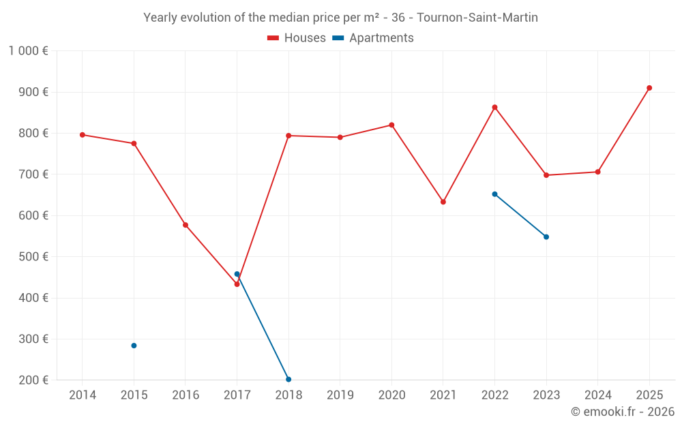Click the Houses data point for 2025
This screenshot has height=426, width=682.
pyautogui.click(x=649, y=88)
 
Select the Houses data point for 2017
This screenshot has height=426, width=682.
pyautogui.click(x=237, y=284)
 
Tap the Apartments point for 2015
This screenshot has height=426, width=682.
pyautogui.click(x=134, y=346)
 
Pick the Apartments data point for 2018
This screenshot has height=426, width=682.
pyautogui.click(x=288, y=379)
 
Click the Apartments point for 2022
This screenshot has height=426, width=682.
pyautogui.click(x=494, y=194)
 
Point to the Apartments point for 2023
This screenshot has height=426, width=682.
pyautogui.click(x=546, y=237)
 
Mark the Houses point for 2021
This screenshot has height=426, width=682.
pyautogui.click(x=443, y=202)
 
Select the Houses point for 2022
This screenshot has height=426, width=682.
pyautogui.click(x=494, y=107)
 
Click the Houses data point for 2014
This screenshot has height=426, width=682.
pyautogui.click(x=83, y=135)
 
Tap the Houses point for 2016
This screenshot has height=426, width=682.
pyautogui.click(x=186, y=225)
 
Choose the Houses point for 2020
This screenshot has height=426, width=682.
pyautogui.click(x=391, y=125)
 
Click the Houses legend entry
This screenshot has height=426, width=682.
pyautogui.click(x=297, y=38)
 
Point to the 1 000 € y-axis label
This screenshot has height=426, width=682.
pyautogui.click(x=28, y=51)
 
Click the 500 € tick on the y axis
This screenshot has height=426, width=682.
pyautogui.click(x=32, y=257)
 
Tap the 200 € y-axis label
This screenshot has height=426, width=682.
pyautogui.click(x=32, y=380)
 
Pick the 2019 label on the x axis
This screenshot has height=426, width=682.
pyautogui.click(x=340, y=395)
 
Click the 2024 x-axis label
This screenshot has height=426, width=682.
pyautogui.click(x=597, y=395)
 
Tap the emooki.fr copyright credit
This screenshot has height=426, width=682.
pyautogui.click(x=622, y=412)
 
